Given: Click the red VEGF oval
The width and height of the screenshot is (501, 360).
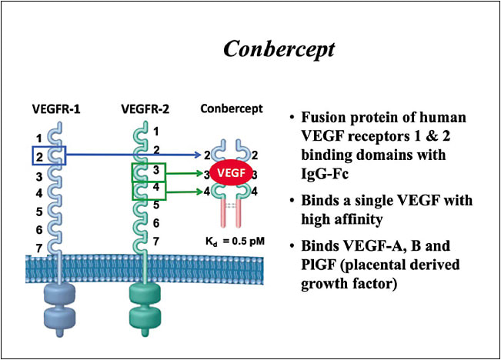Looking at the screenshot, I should (230, 174).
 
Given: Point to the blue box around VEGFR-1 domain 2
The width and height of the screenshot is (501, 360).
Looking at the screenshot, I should (49, 156).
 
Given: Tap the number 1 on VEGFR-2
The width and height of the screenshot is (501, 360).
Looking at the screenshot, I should (156, 132).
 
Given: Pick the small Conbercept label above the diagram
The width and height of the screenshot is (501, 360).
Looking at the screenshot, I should (232, 108).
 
